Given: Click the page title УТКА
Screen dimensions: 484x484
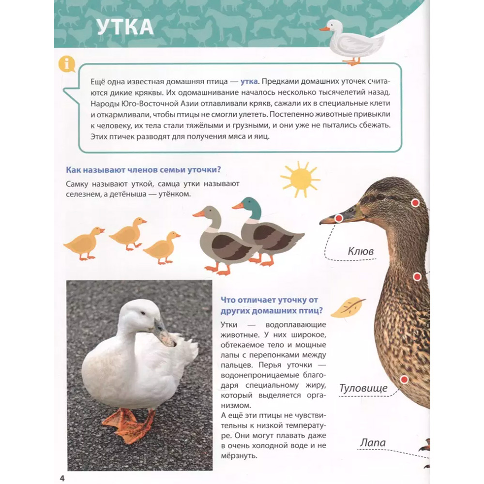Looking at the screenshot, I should click(125, 28).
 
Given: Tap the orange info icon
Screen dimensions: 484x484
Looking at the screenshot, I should click(66, 64).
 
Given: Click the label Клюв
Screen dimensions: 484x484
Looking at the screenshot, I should click(361, 251).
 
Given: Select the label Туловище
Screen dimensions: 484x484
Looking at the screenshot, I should click(363, 388).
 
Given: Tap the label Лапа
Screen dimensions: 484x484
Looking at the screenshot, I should click(373, 443).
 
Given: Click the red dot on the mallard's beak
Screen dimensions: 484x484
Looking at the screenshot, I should click(339, 219).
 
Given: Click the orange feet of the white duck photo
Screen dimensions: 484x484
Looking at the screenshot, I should click(128, 424).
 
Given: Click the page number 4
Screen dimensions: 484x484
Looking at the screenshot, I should click(62, 479).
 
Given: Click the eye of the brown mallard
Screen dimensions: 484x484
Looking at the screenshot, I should click(381, 197).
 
